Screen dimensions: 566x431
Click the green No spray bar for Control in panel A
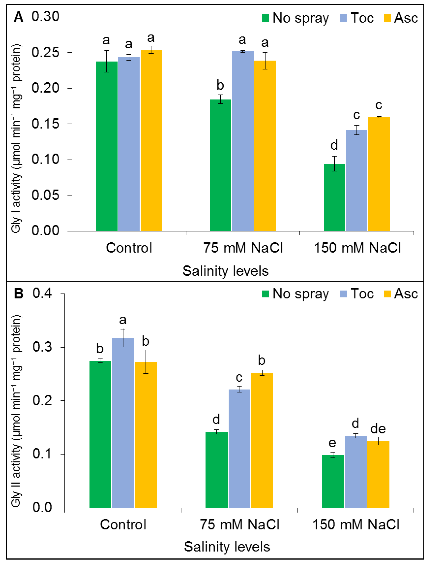tap(106, 146)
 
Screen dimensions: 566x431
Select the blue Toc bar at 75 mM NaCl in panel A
tap(243, 141)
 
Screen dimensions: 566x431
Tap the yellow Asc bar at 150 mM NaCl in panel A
tap(379, 175)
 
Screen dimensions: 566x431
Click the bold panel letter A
tap(18, 17)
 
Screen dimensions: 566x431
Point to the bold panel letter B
tap(18, 294)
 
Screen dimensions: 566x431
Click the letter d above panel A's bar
tap(334, 145)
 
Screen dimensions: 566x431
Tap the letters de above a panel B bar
tap(378, 429)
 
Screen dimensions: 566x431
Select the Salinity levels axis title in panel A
tap(226, 271)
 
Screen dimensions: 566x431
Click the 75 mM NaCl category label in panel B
tap(239, 524)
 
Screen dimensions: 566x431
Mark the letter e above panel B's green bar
tap(332, 443)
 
